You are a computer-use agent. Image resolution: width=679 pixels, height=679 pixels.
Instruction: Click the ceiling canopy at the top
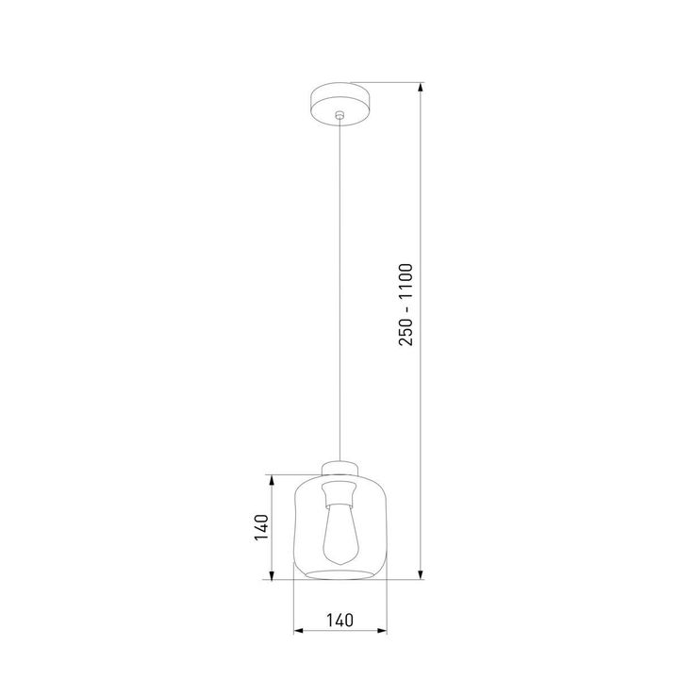pos(339,98)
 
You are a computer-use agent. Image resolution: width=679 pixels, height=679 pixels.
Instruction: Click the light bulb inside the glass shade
pos(339,538)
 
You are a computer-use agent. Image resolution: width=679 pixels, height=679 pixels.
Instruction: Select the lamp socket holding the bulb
pos(339,491)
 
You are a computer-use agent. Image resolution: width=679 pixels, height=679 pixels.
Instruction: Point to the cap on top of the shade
pos(339,467)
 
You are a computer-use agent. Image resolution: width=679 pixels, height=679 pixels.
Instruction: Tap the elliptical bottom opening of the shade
pos(339,573)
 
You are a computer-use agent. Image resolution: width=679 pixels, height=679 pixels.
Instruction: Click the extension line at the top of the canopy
pos(387,81)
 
